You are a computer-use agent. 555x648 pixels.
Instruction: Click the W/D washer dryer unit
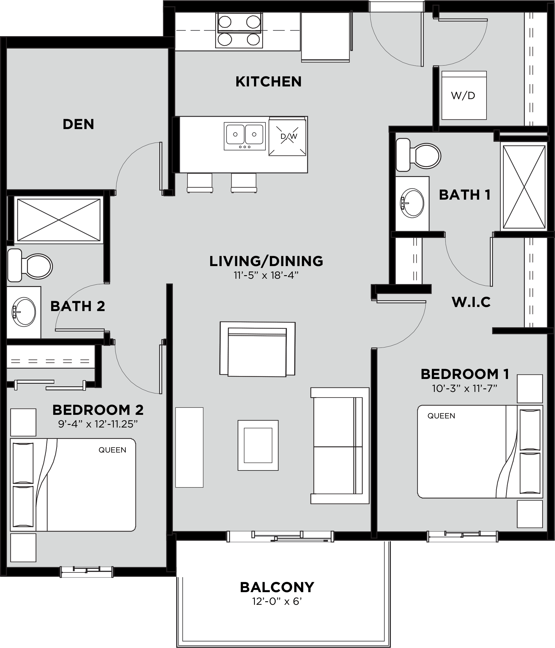coord(464,95)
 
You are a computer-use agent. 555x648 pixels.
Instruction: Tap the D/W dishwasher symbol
coord(287,137)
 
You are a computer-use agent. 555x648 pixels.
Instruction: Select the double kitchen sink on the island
coord(245,136)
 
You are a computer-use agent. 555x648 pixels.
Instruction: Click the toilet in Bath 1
coord(418,155)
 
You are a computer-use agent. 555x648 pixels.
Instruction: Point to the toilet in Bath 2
coord(30,265)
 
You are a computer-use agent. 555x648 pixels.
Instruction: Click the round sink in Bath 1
coord(412,203)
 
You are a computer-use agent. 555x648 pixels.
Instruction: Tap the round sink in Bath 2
coord(24,312)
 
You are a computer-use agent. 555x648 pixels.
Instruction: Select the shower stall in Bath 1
coord(524,187)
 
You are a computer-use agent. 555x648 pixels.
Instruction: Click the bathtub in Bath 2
coord(59,220)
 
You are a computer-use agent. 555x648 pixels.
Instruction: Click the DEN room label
coord(78,124)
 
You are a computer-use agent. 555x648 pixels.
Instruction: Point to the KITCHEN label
coord(268,82)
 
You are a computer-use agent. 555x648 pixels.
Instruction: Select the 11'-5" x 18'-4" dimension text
coord(266,275)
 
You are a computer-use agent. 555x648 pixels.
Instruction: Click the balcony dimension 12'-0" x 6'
coord(277,602)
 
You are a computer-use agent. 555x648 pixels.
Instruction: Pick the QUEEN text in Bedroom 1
coord(441,416)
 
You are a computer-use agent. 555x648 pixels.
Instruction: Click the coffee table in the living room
coord(258,445)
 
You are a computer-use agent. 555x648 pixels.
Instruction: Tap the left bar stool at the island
coord(200,183)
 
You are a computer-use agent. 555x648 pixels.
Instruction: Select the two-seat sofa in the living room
coord(340,446)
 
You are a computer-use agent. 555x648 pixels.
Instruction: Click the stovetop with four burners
coord(239,30)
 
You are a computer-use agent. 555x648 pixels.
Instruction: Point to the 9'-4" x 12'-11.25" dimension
coord(98,424)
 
